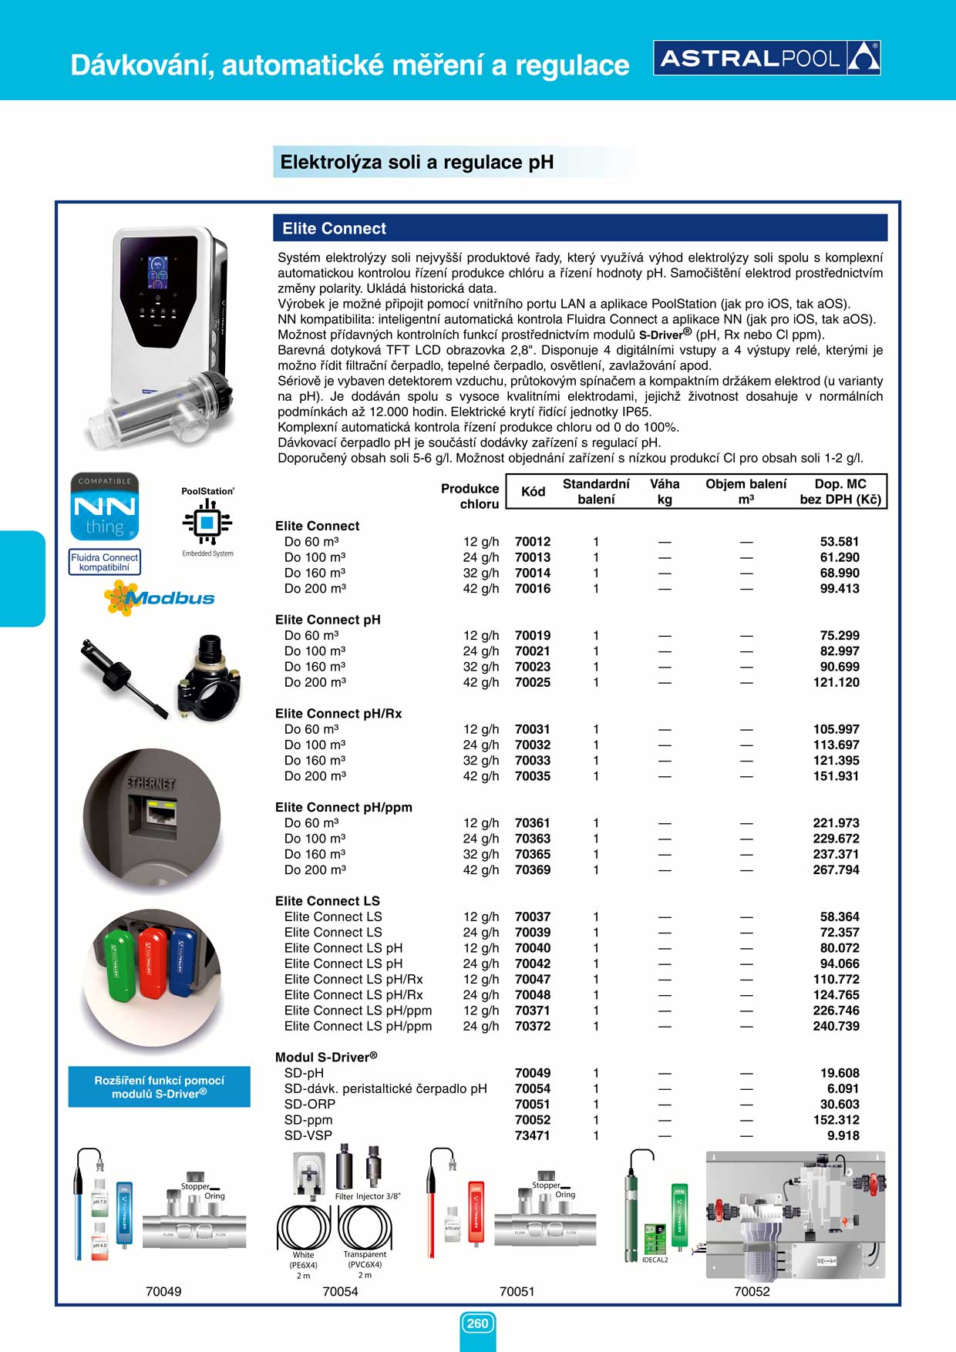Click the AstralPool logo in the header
coord(766,58)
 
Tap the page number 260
coord(477,1323)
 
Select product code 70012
coord(533,542)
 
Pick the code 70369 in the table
coord(533,870)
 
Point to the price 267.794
coord(836,870)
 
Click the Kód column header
coord(533,492)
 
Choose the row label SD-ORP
coord(310,1105)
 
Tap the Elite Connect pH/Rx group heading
coord(338,714)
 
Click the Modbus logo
coord(160,598)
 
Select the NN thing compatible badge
coord(105,506)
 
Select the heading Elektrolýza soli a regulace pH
coord(416,163)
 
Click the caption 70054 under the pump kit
coord(340,1292)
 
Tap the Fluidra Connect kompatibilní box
coord(105,562)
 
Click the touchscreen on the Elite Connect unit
coord(158,273)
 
